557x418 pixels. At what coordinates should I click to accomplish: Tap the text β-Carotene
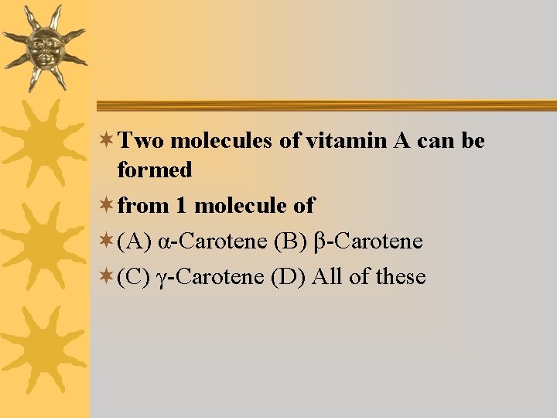(368, 242)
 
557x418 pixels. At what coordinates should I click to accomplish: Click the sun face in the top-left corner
(44, 46)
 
